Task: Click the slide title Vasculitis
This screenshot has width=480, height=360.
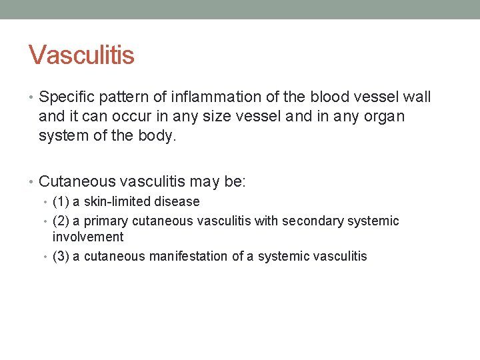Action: pos(81,55)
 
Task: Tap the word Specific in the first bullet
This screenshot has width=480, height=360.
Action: pos(67,97)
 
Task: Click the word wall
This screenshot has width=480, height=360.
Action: pos(417,97)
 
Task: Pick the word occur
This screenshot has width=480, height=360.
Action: pos(126,117)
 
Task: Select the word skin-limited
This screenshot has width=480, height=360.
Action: pos(115,201)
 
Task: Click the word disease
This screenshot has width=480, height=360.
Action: pos(176,201)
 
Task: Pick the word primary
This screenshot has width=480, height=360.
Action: pos(106,221)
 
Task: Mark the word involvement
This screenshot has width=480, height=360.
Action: pos(88,237)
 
